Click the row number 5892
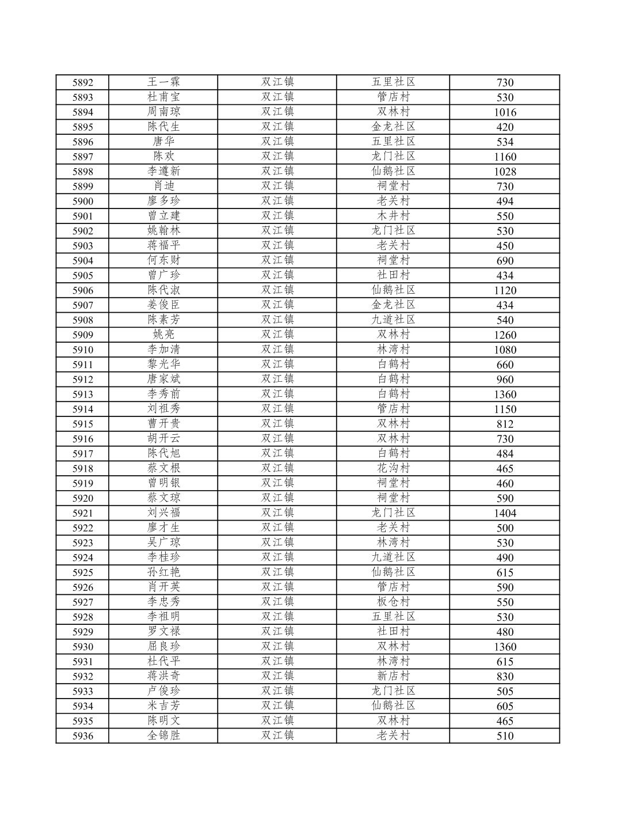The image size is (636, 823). [x=82, y=82]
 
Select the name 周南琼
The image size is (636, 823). [x=163, y=112]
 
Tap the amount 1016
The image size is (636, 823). [x=504, y=112]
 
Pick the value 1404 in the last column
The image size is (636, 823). [x=504, y=513]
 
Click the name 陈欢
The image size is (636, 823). [x=163, y=156]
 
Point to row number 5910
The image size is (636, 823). [x=82, y=350]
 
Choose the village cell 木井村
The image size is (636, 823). [x=393, y=216]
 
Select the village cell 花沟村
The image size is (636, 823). [x=393, y=468]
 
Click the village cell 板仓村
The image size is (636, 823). [x=393, y=602]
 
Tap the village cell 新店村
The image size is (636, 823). [x=393, y=676]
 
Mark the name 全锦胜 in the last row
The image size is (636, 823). [x=163, y=735]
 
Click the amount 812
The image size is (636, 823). [x=504, y=424]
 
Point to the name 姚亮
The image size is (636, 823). [x=163, y=335]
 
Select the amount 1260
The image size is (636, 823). [x=504, y=335]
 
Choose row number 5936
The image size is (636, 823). [x=82, y=735]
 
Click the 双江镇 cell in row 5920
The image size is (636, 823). [x=277, y=498]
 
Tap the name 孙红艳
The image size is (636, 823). [x=163, y=572]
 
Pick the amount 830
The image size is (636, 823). [x=504, y=676]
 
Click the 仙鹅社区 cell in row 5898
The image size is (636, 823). [x=393, y=171]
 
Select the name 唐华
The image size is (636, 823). [x=163, y=142]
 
